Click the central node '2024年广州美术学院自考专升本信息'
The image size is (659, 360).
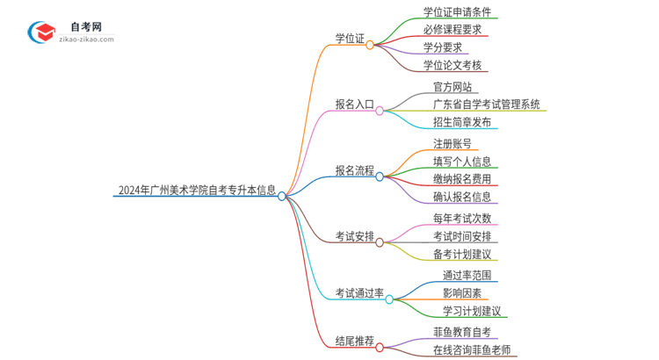pos(196,189)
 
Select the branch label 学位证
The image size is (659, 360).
pos(350,39)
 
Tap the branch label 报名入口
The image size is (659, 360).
pos(354,104)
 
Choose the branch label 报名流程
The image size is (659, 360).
pos(354,169)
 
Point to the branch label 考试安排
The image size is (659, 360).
pos(354,236)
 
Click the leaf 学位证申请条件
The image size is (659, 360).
pos(457,12)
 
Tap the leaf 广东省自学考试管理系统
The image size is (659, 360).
pos(486,104)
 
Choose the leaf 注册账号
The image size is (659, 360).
pos(453,144)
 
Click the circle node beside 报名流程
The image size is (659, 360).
pos(380,176)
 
